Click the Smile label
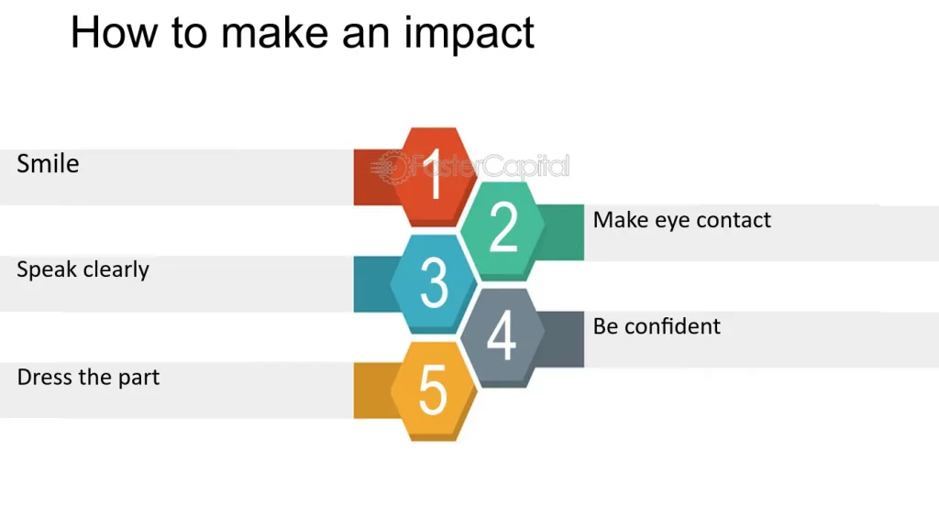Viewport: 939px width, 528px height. tap(48, 164)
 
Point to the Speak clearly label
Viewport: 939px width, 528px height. tap(83, 269)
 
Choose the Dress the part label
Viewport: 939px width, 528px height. tap(88, 377)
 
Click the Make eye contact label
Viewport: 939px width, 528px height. tap(681, 220)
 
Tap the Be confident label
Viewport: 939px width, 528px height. tap(657, 326)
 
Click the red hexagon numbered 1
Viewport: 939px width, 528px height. tap(434, 175)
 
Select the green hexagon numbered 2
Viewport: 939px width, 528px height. tap(503, 228)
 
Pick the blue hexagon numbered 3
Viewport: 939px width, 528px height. tap(434, 282)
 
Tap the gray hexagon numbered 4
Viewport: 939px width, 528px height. tap(502, 335)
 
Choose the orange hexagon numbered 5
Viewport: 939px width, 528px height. tap(433, 390)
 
